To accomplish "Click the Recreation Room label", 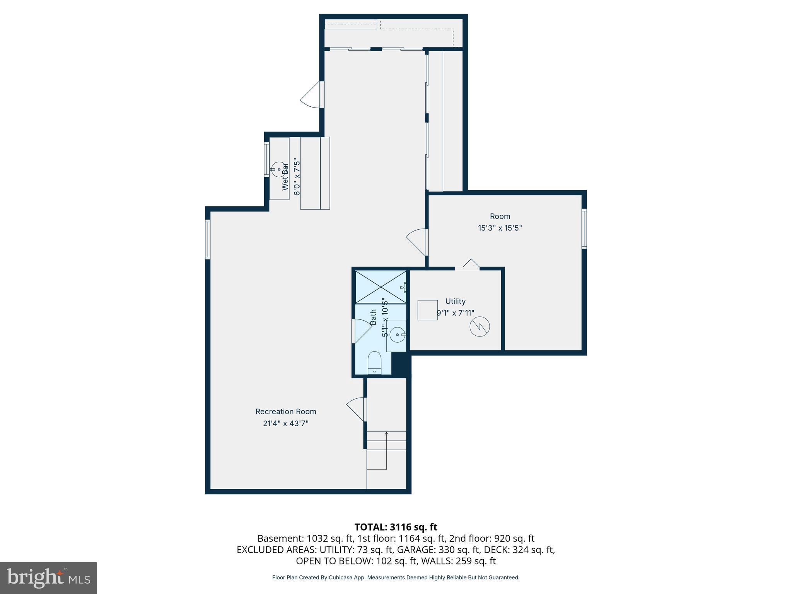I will pyautogui.click(x=286, y=411).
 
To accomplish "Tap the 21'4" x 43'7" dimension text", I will pyautogui.click(x=286, y=423).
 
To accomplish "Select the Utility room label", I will pyautogui.click(x=455, y=301).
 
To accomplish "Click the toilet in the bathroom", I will pyautogui.click(x=374, y=363).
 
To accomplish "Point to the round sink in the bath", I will pyautogui.click(x=397, y=335).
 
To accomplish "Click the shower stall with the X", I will pyautogui.click(x=381, y=287).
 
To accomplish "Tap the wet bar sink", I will pyautogui.click(x=278, y=169).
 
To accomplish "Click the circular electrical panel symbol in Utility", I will pyautogui.click(x=480, y=327).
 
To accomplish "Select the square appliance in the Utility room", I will pyautogui.click(x=427, y=310).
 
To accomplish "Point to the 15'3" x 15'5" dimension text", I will pyautogui.click(x=500, y=228).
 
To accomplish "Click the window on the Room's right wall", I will pyautogui.click(x=584, y=228).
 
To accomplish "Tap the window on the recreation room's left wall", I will pyautogui.click(x=208, y=239).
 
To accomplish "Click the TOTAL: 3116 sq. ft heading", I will pyautogui.click(x=396, y=527).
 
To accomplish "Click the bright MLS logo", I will pyautogui.click(x=48, y=578).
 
